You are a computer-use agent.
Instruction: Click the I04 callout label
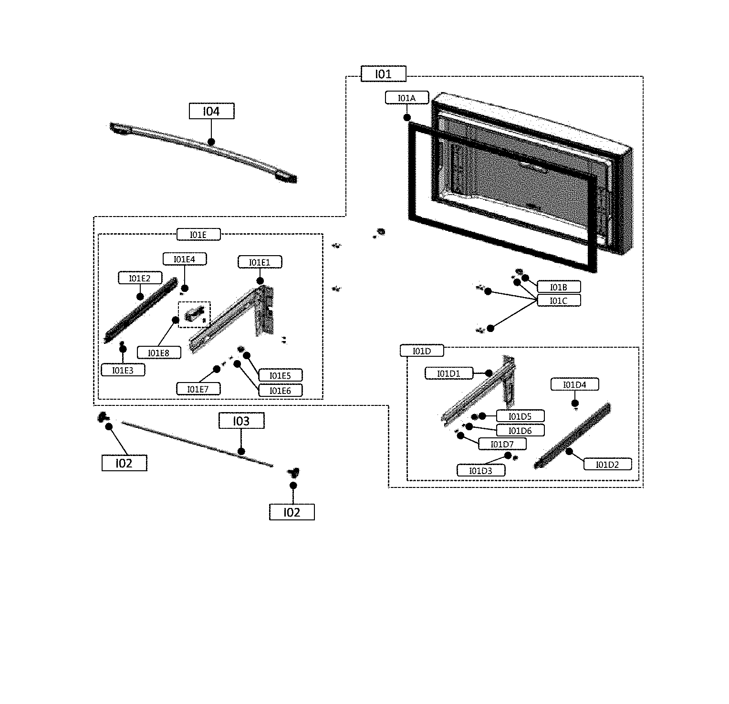click(211, 111)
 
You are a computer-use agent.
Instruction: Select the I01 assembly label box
click(383, 74)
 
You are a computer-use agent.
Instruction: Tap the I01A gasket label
click(406, 98)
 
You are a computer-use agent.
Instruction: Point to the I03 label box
click(241, 421)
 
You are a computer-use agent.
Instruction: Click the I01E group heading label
click(198, 234)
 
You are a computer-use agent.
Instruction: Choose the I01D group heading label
click(421, 351)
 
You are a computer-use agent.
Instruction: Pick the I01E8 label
click(159, 352)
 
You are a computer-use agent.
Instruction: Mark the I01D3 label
click(480, 470)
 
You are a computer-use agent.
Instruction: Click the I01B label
click(558, 287)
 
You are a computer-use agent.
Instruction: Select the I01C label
click(558, 300)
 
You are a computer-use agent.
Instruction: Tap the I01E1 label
click(260, 262)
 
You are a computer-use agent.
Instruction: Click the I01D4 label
click(574, 384)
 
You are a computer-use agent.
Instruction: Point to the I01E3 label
click(123, 370)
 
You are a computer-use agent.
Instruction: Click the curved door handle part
click(200, 150)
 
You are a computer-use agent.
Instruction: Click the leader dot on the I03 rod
click(241, 451)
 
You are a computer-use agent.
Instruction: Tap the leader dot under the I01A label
click(407, 117)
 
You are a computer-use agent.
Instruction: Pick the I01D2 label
click(607, 464)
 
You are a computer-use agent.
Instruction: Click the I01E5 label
click(280, 375)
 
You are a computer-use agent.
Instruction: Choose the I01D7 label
click(502, 444)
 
